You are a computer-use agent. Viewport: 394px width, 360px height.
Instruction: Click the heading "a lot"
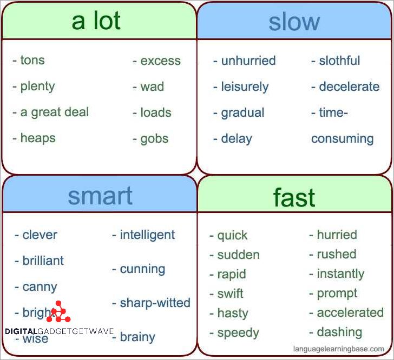click(96, 21)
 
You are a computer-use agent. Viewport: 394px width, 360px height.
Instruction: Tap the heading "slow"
click(294, 22)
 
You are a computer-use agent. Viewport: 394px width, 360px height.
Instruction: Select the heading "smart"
click(100, 196)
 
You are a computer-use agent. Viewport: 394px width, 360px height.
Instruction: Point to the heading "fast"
click(294, 198)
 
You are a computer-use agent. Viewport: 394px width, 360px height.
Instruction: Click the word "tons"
click(32, 61)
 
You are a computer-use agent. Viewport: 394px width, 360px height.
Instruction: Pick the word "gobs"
click(155, 138)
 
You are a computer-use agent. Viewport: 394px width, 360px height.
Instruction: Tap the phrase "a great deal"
click(55, 112)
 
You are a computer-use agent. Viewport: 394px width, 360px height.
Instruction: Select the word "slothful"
click(339, 61)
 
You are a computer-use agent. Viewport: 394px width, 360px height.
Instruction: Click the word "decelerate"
click(349, 86)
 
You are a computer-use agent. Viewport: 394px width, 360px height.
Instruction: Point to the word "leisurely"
click(245, 86)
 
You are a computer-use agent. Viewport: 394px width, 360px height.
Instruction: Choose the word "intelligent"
click(147, 235)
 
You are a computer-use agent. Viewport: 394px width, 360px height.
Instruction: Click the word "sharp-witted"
click(155, 303)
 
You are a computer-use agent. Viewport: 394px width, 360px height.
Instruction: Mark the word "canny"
click(40, 287)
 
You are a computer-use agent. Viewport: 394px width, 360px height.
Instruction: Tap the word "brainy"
click(137, 337)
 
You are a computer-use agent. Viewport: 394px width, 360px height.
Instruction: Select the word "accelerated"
click(350, 312)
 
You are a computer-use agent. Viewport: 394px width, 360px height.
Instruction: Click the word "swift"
click(230, 294)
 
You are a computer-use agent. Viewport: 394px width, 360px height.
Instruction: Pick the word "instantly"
click(340, 274)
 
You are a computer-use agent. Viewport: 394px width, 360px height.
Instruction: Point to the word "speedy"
click(238, 332)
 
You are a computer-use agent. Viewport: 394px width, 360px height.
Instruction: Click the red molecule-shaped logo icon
click(58, 312)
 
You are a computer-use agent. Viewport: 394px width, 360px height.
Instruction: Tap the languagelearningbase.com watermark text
click(338, 349)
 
